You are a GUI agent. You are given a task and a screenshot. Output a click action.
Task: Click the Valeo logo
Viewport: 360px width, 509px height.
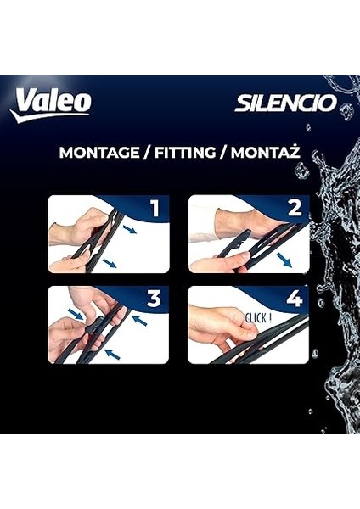pyautogui.click(x=50, y=103)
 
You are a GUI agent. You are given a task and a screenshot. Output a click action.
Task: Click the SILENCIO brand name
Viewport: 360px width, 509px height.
pyautogui.click(x=285, y=103)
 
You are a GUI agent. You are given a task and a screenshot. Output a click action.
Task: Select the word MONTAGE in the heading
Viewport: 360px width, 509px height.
pyautogui.click(x=98, y=154)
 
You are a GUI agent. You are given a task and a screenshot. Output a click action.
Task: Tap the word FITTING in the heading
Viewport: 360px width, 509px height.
pyautogui.click(x=179, y=154)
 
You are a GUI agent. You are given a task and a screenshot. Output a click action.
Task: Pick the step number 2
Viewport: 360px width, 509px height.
pyautogui.click(x=294, y=210)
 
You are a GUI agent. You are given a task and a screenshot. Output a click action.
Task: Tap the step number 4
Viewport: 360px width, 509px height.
pyautogui.click(x=294, y=299)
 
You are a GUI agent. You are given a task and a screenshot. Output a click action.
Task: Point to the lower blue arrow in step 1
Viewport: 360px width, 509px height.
pyautogui.click(x=110, y=264)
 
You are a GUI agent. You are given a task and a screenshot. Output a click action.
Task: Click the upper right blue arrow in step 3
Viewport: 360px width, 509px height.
pyautogui.click(x=138, y=321)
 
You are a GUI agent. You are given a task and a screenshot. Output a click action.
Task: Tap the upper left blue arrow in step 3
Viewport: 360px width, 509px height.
pyautogui.click(x=76, y=315)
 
